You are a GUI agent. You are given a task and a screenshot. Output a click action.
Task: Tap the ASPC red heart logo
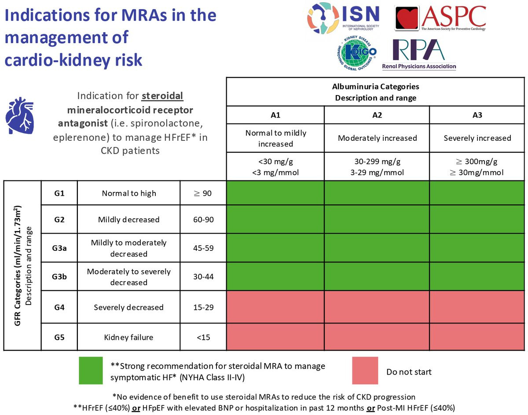point(407,19)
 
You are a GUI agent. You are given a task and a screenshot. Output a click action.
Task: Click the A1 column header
point(275,115)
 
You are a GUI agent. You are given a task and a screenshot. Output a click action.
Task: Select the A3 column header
point(477,115)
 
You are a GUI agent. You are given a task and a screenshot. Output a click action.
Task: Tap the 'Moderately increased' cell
point(377,138)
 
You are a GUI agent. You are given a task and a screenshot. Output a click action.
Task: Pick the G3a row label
point(59,248)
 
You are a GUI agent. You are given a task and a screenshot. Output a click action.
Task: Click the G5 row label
point(59,338)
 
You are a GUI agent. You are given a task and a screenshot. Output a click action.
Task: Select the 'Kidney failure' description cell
point(128,338)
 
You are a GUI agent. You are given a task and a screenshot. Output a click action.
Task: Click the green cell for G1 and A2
point(377,192)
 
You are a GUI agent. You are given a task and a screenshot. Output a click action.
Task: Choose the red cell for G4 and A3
point(477,307)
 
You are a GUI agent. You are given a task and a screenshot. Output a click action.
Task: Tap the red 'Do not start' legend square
point(365,371)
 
